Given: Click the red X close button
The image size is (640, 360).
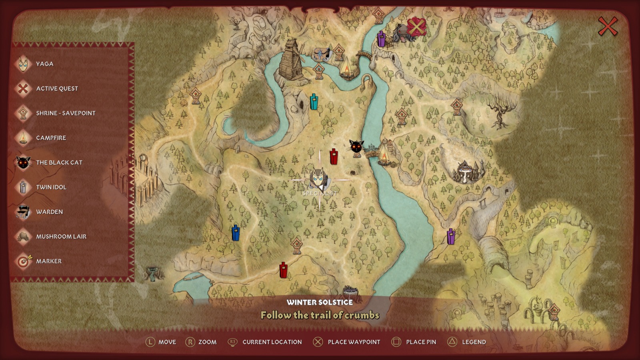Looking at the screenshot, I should click(608, 27).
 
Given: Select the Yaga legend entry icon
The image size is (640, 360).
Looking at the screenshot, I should click(23, 64).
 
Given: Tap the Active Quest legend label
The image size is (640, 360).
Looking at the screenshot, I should click(57, 89).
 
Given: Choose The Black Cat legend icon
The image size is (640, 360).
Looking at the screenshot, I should click(23, 162).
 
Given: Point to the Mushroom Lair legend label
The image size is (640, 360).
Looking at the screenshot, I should click(61, 237).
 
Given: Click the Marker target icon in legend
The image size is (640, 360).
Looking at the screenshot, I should click(23, 261).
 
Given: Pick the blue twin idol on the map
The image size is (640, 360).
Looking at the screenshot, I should click(236, 233).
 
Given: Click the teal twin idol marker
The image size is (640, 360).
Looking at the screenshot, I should click(314, 102).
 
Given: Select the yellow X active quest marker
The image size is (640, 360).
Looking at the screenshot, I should click(416, 27).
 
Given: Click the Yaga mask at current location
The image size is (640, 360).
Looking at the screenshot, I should click(319, 178).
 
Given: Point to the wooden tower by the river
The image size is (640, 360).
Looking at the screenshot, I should click(291, 60).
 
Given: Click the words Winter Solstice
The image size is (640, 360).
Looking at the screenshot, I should click(320, 302).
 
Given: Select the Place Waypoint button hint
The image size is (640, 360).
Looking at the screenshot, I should click(354, 342).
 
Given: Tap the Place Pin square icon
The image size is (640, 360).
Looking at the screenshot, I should click(396, 342).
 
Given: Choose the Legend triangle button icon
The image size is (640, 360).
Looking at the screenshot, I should click(452, 342).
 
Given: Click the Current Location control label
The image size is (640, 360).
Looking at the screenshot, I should click(272, 342).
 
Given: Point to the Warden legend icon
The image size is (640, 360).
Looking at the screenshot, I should click(23, 212).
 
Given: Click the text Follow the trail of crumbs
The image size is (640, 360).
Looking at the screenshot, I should click(320, 315).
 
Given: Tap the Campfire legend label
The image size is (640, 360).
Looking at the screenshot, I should click(51, 138).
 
